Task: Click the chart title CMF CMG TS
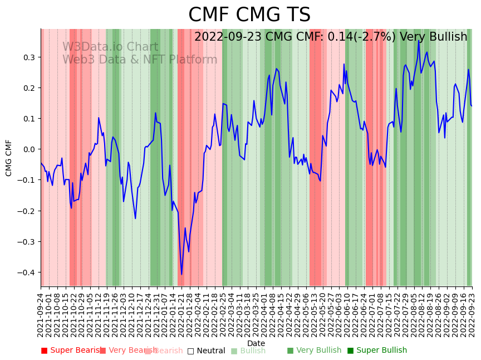coord(249,15)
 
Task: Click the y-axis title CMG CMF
coord(9,158)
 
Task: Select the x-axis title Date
coord(256,343)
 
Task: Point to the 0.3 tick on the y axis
coord(28,57)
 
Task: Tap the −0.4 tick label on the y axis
coord(26,273)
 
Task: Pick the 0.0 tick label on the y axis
coord(28,149)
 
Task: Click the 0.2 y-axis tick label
coord(28,88)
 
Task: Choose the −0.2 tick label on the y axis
coord(26,211)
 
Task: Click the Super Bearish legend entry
coord(71,351)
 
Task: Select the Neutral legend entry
coord(206,351)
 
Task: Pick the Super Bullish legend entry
coord(377,351)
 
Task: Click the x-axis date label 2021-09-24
coord(41,314)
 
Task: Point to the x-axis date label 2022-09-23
coord(472,314)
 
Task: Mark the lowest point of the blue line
coord(181,274)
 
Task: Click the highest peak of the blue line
coord(419,41)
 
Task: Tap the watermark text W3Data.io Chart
coord(110,47)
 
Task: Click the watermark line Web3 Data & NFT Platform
coord(140,60)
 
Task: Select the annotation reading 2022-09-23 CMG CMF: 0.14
coord(331,37)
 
